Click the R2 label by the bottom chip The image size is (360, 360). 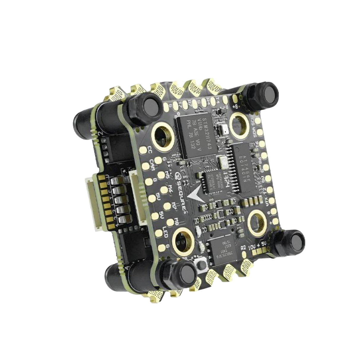[x=243, y=248]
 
